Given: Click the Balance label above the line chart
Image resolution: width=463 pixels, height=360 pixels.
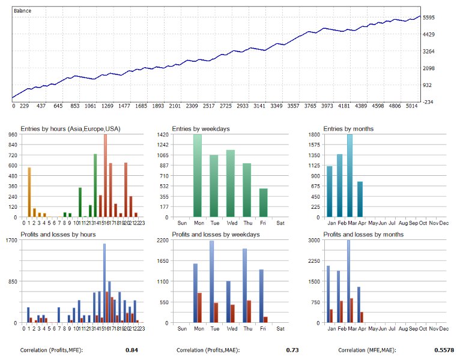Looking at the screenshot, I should [23, 11].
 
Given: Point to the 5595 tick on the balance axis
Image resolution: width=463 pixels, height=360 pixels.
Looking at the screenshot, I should [432, 17].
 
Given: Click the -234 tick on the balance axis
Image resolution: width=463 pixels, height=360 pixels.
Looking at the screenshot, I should [431, 102].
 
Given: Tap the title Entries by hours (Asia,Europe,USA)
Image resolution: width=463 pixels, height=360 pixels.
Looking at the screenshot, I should [70, 128].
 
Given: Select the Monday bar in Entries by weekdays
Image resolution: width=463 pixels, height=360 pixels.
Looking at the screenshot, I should [197, 176].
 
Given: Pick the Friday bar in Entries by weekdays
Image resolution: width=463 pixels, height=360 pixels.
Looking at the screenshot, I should [263, 203].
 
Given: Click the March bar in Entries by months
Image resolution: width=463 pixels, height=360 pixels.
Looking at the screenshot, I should [350, 176].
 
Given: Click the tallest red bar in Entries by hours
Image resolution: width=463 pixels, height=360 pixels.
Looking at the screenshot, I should [105, 176].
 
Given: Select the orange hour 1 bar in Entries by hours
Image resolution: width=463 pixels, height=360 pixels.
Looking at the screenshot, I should [29, 192].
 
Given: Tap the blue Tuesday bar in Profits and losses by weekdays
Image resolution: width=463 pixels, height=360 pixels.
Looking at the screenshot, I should [211, 281].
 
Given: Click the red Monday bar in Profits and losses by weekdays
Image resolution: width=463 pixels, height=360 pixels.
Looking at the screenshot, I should [199, 307].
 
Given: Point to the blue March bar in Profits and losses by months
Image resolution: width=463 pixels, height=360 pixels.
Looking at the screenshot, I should [348, 281].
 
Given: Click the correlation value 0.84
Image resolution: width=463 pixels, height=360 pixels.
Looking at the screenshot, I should [132, 349].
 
